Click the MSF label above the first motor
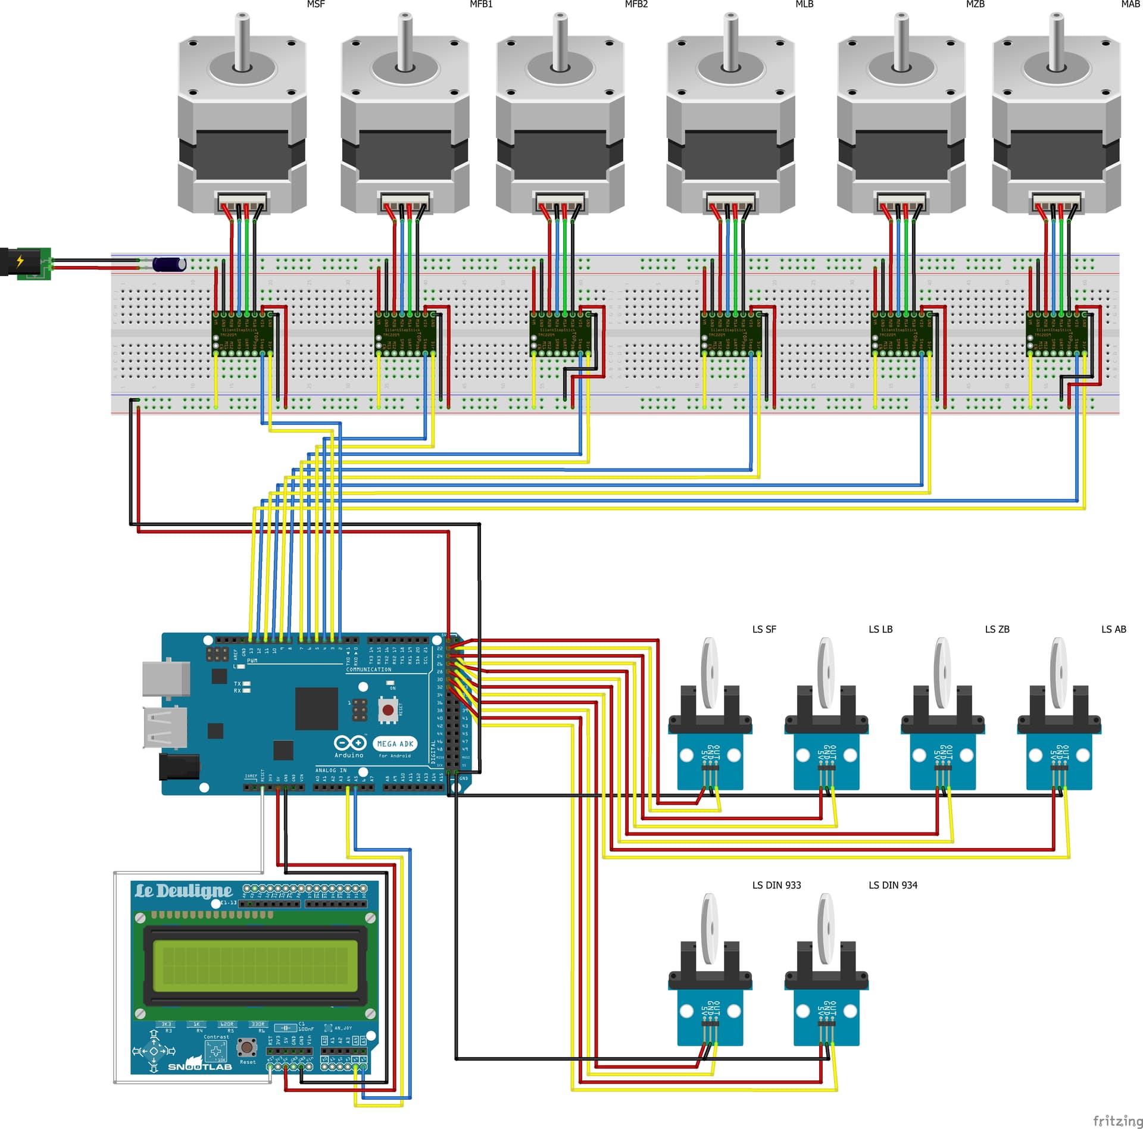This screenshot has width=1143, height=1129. point(316,4)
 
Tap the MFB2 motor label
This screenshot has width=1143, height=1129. point(636,4)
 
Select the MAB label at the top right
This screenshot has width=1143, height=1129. point(1130,4)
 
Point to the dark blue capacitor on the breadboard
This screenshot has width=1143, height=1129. point(168,264)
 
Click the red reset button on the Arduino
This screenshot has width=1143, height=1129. point(388,709)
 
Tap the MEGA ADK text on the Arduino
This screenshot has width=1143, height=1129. point(395,743)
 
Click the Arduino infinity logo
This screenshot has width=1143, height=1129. point(350,743)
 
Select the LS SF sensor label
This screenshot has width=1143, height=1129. point(764,629)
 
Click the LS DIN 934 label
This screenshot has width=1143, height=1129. point(892,885)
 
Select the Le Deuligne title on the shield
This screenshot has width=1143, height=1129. point(183,891)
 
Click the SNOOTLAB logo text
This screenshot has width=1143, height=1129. point(200,1067)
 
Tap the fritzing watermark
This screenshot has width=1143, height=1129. point(1117,1120)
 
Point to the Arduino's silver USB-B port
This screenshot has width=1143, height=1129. point(166,679)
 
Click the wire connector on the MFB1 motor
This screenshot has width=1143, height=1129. point(405,204)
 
